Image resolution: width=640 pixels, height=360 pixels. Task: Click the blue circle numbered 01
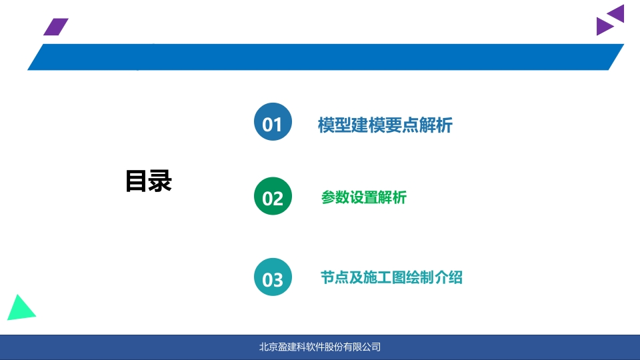pyautogui.click(x=273, y=121)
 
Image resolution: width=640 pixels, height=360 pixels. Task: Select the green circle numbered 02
pyautogui.click(x=273, y=196)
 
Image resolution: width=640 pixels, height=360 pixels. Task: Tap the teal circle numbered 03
pyautogui.click(x=273, y=277)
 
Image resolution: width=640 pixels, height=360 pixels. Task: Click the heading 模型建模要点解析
pyautogui.click(x=385, y=125)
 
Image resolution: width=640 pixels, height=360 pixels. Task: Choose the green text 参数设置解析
pyautogui.click(x=364, y=197)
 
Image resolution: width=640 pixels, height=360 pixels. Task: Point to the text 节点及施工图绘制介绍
pyautogui.click(x=391, y=277)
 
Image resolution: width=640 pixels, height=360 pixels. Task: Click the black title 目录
pyautogui.click(x=149, y=181)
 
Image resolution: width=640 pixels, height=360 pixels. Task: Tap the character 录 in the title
pyautogui.click(x=161, y=181)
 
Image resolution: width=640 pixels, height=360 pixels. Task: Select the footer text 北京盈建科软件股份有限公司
pyautogui.click(x=320, y=347)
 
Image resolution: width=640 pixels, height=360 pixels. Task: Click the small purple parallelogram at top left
pyautogui.click(x=56, y=27)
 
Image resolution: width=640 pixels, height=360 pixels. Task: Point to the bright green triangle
pyautogui.click(x=20, y=309)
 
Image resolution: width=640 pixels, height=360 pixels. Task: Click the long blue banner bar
pyautogui.click(x=326, y=57)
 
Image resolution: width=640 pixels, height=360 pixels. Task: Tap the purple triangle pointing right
pyautogui.click(x=605, y=26)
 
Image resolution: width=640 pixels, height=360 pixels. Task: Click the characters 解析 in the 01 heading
pyautogui.click(x=435, y=125)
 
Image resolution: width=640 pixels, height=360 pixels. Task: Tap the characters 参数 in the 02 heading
pyautogui.click(x=335, y=197)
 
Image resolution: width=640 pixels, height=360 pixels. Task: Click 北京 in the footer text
pyautogui.click(x=269, y=347)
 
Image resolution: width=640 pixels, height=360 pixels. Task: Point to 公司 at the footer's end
pyautogui.click(x=371, y=347)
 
